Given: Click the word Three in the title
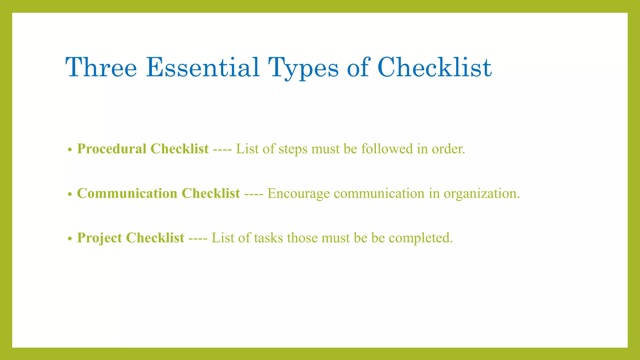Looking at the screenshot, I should coord(101,67).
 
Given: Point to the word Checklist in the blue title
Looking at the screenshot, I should coord(434,67).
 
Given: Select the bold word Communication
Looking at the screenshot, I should coord(127,193).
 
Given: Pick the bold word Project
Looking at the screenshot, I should coord(99,238).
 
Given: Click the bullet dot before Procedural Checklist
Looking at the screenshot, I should coord(70,150).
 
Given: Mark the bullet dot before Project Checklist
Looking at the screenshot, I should coord(70,239).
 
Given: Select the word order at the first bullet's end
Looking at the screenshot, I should coord(448,149).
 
